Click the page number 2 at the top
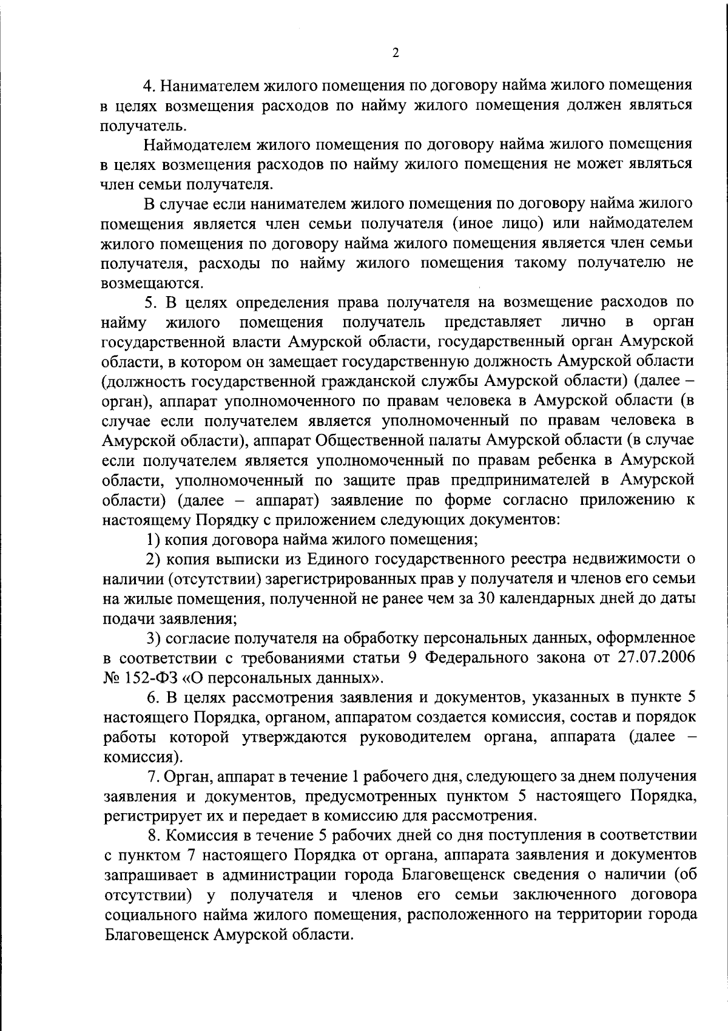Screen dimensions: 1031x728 (395, 53)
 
